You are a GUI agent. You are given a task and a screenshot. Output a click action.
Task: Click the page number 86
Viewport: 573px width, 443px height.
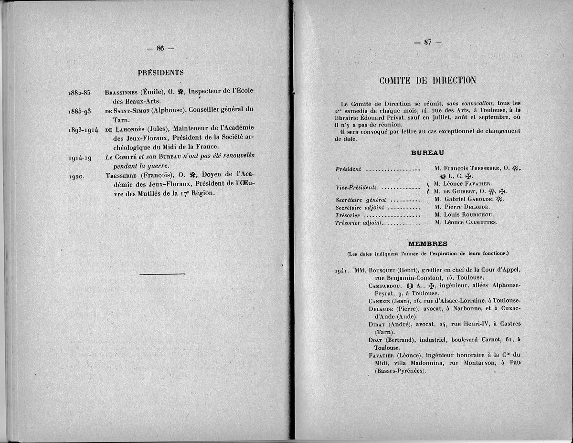[160, 48]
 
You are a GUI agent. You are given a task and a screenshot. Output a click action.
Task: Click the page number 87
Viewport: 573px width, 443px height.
[427, 42]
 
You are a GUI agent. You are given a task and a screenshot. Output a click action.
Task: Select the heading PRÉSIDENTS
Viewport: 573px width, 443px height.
[160, 73]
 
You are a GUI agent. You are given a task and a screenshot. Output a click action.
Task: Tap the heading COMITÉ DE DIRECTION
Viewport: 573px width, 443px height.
[427, 80]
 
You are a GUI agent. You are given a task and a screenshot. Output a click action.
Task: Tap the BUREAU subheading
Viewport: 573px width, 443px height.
[427, 153]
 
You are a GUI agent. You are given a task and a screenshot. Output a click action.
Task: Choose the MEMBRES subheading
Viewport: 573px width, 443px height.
[427, 243]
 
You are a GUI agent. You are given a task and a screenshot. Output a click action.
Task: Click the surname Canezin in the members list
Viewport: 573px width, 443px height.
[380, 301]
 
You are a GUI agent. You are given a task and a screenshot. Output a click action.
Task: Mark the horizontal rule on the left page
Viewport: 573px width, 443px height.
[162, 274]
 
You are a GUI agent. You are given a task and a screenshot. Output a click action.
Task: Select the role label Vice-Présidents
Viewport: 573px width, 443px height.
[356, 188]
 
